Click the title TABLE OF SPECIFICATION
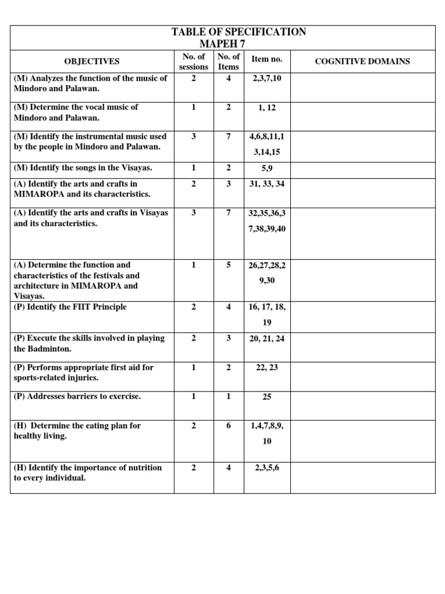pyautogui.click(x=239, y=32)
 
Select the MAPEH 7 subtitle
pyautogui.click(x=222, y=44)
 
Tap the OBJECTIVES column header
pyautogui.click(x=92, y=61)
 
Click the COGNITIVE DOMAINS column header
pyautogui.click(x=362, y=61)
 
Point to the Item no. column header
pyautogui.click(x=267, y=59)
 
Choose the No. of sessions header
pyautogui.click(x=194, y=61)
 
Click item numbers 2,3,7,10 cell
pyautogui.click(x=267, y=78)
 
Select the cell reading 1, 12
pyautogui.click(x=267, y=107)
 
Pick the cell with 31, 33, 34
pyautogui.click(x=267, y=184)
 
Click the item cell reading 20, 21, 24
pyautogui.click(x=267, y=339)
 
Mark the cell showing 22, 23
pyautogui.click(x=267, y=368)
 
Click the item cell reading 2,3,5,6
pyautogui.click(x=267, y=468)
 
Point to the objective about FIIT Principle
pyautogui.click(x=70, y=307)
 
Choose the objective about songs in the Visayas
pyautogui.click(x=83, y=168)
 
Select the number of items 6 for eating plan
pyautogui.click(x=229, y=426)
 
